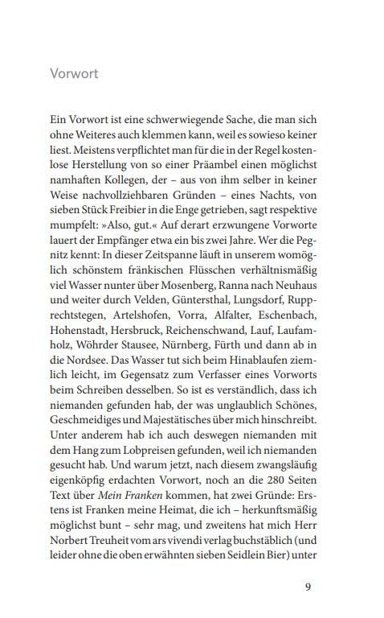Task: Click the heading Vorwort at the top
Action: point(73,75)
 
